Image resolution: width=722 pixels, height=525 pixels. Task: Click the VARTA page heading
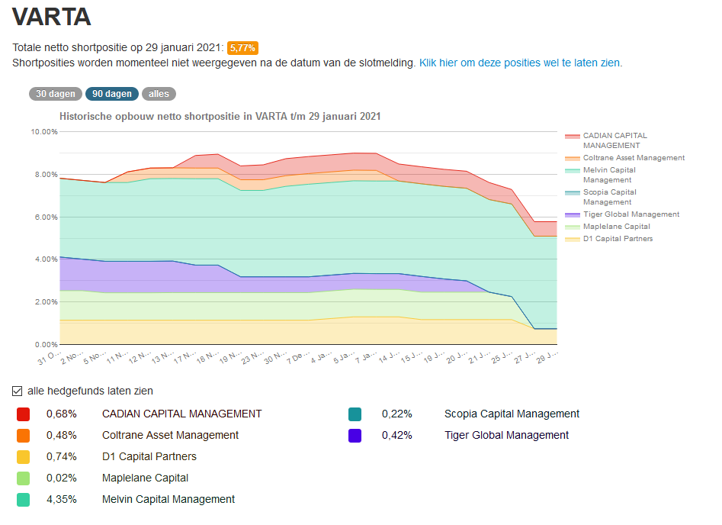tap(51, 18)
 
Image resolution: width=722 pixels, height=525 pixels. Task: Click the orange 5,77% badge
tap(243, 48)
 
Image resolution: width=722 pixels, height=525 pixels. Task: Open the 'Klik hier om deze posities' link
tap(520, 63)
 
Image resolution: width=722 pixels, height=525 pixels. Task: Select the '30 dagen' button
tap(56, 94)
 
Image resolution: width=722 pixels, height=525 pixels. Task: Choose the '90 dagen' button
tap(112, 94)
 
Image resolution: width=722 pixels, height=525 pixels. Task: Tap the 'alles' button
tap(159, 94)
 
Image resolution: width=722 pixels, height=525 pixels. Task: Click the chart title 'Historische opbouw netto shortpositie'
tap(220, 117)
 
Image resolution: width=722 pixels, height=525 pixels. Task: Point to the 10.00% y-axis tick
tap(44, 132)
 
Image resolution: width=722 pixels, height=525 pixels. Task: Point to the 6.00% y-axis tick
tap(44, 217)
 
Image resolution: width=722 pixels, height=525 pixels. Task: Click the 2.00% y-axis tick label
tap(44, 302)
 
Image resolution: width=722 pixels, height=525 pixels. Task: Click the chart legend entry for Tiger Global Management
tap(631, 214)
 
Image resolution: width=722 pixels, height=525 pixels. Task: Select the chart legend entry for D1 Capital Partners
tap(618, 239)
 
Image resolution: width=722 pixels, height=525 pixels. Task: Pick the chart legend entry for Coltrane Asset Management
tap(634, 158)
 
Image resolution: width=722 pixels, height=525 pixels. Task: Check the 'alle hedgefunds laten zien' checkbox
tap(18, 391)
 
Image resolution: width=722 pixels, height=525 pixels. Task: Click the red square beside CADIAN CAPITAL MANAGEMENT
tap(23, 414)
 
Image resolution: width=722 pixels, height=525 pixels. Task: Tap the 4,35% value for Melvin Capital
tap(61, 499)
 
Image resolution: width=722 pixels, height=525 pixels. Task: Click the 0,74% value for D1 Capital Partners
tap(61, 456)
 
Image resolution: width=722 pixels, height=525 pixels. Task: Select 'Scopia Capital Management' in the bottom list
tap(512, 414)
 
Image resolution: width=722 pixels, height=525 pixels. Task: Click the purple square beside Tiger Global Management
tap(355, 436)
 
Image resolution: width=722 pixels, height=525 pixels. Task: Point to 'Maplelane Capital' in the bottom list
tap(145, 478)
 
